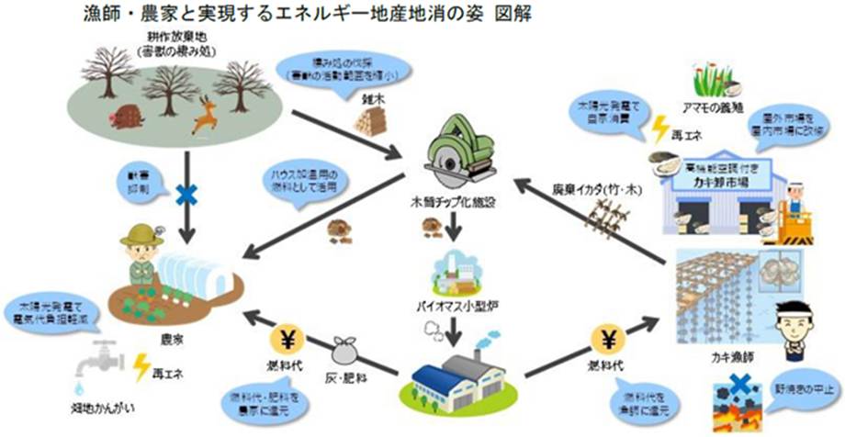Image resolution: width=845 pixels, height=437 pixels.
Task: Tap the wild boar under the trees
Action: point(129,118)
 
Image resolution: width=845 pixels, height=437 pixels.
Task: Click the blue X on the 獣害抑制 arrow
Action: point(187,195)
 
